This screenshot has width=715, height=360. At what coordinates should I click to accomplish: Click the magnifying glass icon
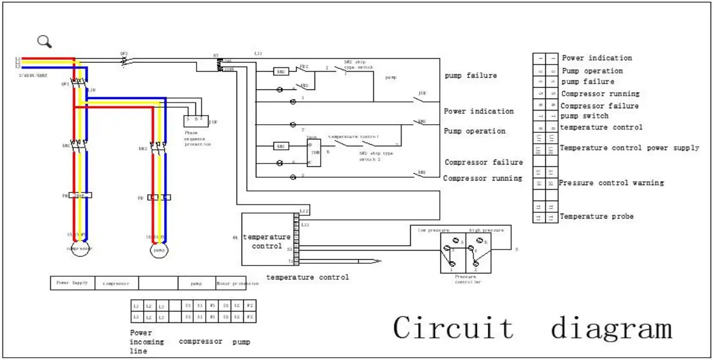pyautogui.click(x=44, y=41)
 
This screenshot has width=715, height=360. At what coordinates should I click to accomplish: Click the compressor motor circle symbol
pyautogui.click(x=79, y=249)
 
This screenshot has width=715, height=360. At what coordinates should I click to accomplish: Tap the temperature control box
pyautogui.click(x=267, y=239)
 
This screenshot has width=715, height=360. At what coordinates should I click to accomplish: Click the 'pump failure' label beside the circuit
pyautogui.click(x=470, y=75)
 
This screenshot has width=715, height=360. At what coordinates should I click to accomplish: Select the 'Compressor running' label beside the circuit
pyautogui.click(x=482, y=178)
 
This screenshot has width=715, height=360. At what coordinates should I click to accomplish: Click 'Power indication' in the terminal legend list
pyautogui.click(x=596, y=58)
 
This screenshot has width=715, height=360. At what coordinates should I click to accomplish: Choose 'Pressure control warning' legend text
pyautogui.click(x=611, y=183)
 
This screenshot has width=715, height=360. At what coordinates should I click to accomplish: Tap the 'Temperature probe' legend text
pyautogui.click(x=596, y=216)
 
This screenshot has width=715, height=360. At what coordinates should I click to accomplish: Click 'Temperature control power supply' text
pyautogui.click(x=629, y=148)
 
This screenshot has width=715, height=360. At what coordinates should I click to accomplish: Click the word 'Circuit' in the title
pyautogui.click(x=453, y=328)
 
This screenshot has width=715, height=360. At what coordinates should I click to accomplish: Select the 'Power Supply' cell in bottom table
pyautogui.click(x=72, y=283)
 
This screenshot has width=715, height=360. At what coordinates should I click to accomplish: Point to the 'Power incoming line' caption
pyautogui.click(x=146, y=342)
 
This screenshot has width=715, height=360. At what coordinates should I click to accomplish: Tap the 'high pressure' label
pyautogui.click(x=486, y=231)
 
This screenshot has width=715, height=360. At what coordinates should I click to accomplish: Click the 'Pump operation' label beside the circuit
pyautogui.click(x=474, y=131)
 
